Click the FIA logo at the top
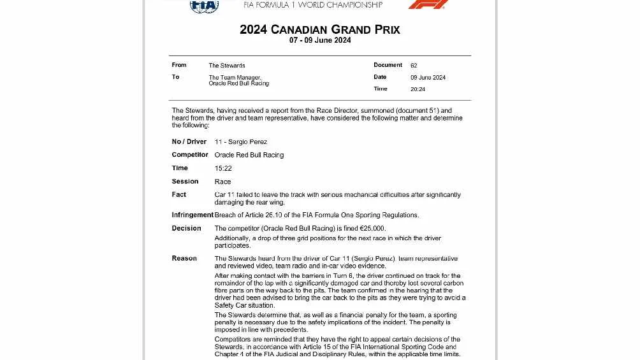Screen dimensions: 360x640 [204, 6]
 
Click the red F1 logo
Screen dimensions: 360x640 [428, 4]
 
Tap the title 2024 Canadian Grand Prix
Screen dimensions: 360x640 [319, 29]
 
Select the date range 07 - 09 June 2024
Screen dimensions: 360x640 [320, 40]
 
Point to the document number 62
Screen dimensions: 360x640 [414, 66]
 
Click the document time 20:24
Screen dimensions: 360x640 [418, 89]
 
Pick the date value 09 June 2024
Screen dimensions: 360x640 [428, 78]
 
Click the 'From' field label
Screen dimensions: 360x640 [179, 65]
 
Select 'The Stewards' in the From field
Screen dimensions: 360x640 [226, 66]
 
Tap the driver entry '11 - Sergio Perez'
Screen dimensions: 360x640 [241, 142]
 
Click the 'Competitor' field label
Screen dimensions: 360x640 [190, 155]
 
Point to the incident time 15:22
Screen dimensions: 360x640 [223, 168]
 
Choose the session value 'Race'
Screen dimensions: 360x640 [222, 182]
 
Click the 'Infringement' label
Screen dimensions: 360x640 [193, 215]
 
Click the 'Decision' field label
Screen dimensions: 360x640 [186, 228]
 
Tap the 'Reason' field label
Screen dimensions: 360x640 [184, 258]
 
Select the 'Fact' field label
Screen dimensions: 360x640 [179, 194]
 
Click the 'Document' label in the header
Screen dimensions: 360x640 [388, 65]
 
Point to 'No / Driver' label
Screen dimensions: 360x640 [189, 141]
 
